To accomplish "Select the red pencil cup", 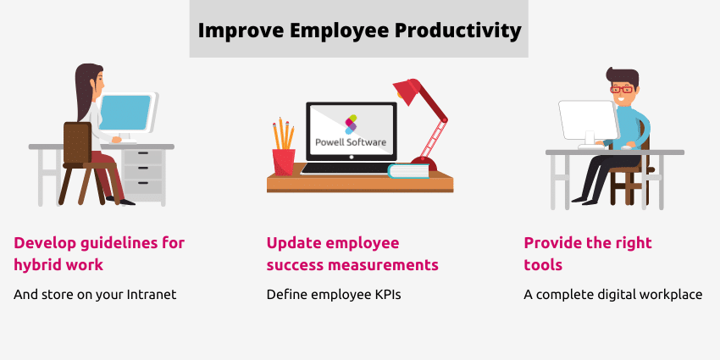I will pyautogui.click(x=283, y=161).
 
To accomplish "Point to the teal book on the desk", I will pyautogui.click(x=408, y=171).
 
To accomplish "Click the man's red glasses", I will pyautogui.click(x=622, y=89).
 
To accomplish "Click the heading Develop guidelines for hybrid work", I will pyautogui.click(x=98, y=253).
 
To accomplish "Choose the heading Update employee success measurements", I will pyautogui.click(x=352, y=253).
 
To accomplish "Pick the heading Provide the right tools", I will pyautogui.click(x=588, y=253).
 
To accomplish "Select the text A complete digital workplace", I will pyautogui.click(x=612, y=295).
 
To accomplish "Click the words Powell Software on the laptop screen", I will pyautogui.click(x=351, y=141).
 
